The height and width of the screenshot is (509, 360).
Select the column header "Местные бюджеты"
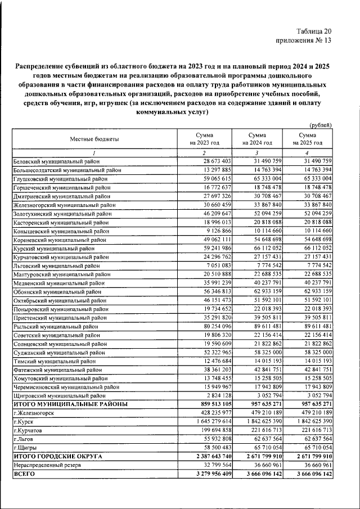[94, 138]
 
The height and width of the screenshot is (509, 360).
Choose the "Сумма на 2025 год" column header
[307, 138]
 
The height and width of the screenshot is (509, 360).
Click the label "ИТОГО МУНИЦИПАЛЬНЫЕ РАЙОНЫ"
[70, 404]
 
